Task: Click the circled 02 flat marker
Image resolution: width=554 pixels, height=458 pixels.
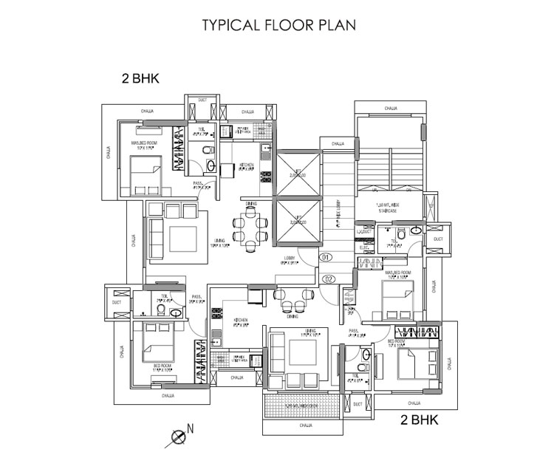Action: tap(329, 278)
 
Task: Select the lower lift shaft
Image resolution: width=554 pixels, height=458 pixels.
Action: tap(299, 222)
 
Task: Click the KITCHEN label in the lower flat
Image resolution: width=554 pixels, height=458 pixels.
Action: tap(242, 321)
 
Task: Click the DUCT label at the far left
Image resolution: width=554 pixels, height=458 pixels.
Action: tap(116, 302)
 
